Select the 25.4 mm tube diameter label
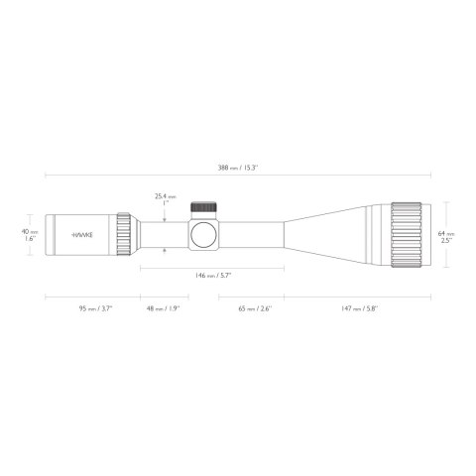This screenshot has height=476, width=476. tap(165, 196)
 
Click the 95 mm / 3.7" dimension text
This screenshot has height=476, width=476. tap(95, 308)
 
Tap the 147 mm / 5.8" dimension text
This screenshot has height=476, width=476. tap(359, 308)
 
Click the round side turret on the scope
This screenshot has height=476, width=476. tap(205, 235)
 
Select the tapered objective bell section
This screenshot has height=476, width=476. tap(327, 235)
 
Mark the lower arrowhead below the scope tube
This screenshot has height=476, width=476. tap(165, 252)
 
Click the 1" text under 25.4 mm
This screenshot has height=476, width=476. tap(165, 204)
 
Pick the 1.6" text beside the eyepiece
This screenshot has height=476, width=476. tap(31, 239)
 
